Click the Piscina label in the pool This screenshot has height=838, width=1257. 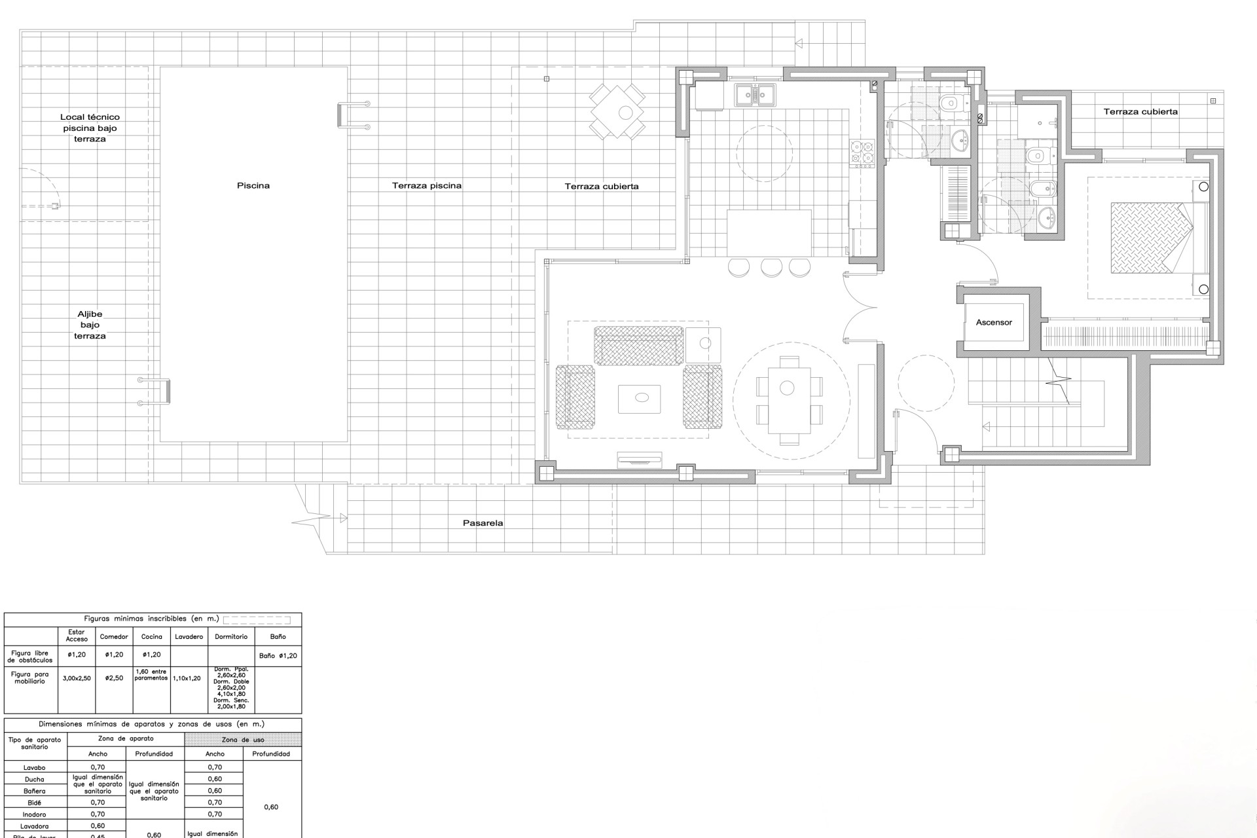coord(253,186)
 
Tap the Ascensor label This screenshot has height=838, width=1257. coord(993,323)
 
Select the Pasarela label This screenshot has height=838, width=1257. coord(483,523)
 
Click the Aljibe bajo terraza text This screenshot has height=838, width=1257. coord(90,325)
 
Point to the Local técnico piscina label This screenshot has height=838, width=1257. coord(90,128)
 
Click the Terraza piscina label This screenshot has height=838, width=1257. coord(427,186)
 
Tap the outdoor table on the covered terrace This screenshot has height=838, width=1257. coord(617,111)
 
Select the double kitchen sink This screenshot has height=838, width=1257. coord(754,95)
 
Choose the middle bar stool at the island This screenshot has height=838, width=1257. coord(771,266)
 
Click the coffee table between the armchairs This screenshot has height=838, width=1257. coord(639,399)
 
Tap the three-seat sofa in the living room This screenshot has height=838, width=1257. coord(638,345)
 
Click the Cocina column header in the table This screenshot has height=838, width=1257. coord(151,636)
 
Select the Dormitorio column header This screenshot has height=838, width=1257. coord(231,636)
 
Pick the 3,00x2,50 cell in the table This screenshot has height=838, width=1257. coord(77,678)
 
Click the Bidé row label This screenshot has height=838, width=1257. coord(35,803)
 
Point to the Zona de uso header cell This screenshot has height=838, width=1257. coord(243,740)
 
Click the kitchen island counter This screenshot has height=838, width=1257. coord(769,233)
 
